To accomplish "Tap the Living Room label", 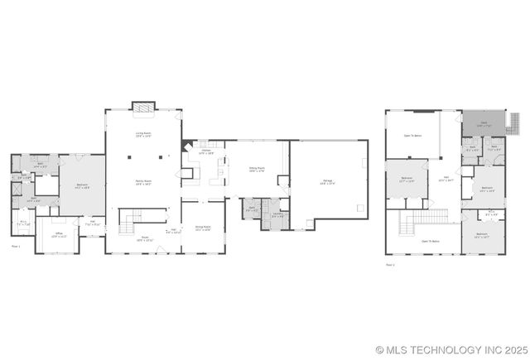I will pyautogui.click(x=142, y=134).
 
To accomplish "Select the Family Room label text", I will pyautogui.click(x=142, y=183).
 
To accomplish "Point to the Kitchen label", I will pyautogui.click(x=206, y=151).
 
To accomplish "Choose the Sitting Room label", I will pyautogui.click(x=256, y=170).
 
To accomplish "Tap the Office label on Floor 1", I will pyautogui.click(x=59, y=234).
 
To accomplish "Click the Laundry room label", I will pyautogui.click(x=278, y=215).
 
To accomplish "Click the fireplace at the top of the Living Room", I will pyautogui.click(x=143, y=108).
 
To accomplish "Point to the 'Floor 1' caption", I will pyautogui.click(x=16, y=246).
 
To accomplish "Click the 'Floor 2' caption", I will pyautogui.click(x=390, y=265).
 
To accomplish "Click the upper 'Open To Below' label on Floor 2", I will pyautogui.click(x=412, y=135).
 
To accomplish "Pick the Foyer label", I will pyautogui.click(x=143, y=238).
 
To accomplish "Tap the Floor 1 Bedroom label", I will pyautogui.click(x=83, y=186).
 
